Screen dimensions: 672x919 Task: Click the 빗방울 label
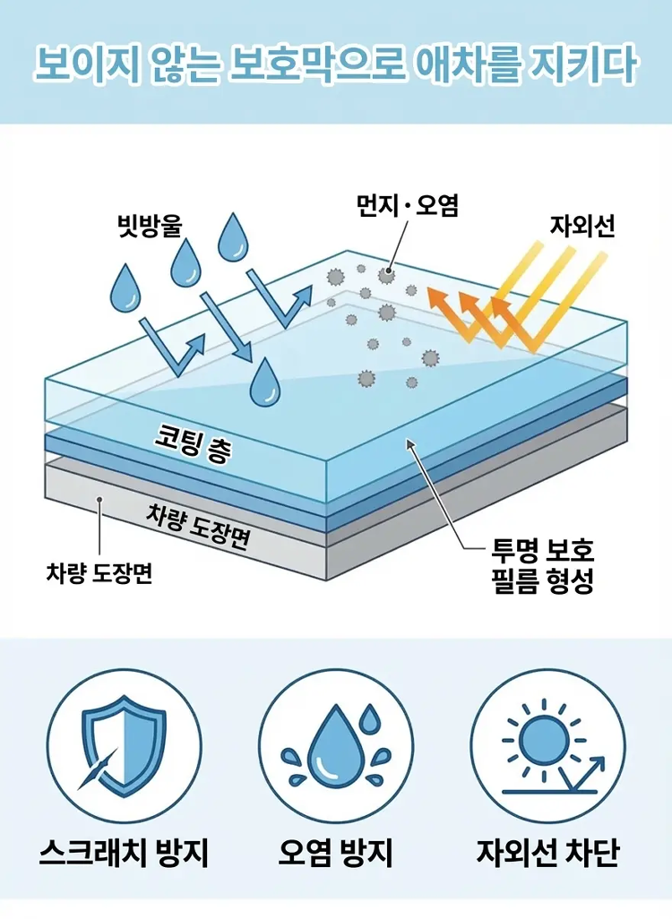click(x=150, y=226)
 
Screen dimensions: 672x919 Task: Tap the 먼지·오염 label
click(x=408, y=205)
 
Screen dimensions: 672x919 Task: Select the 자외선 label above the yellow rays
click(x=582, y=226)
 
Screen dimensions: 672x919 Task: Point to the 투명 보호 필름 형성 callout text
click(x=542, y=564)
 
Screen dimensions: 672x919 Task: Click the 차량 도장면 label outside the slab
click(x=99, y=571)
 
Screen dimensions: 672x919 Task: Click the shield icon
click(x=123, y=745)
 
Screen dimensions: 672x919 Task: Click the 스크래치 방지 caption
click(x=124, y=853)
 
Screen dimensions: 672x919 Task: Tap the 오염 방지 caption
click(x=335, y=853)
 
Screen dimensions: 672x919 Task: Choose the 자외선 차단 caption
click(x=547, y=853)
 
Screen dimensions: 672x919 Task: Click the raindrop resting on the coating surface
click(x=265, y=382)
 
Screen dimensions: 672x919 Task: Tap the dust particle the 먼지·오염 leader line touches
click(x=386, y=276)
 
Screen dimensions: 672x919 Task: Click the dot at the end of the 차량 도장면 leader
click(x=100, y=500)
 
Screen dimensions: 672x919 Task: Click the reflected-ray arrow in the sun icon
click(x=580, y=774)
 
